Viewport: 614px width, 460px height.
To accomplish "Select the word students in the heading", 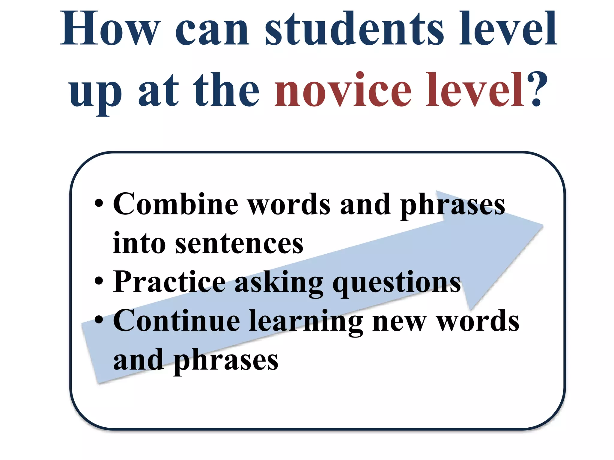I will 354,28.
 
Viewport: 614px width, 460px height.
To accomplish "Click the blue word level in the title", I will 508,28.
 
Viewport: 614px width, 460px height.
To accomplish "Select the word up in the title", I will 95,93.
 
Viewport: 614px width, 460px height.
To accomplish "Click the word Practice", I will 169,282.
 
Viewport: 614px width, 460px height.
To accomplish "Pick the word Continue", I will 177,321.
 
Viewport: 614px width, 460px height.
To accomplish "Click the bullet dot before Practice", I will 99,282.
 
